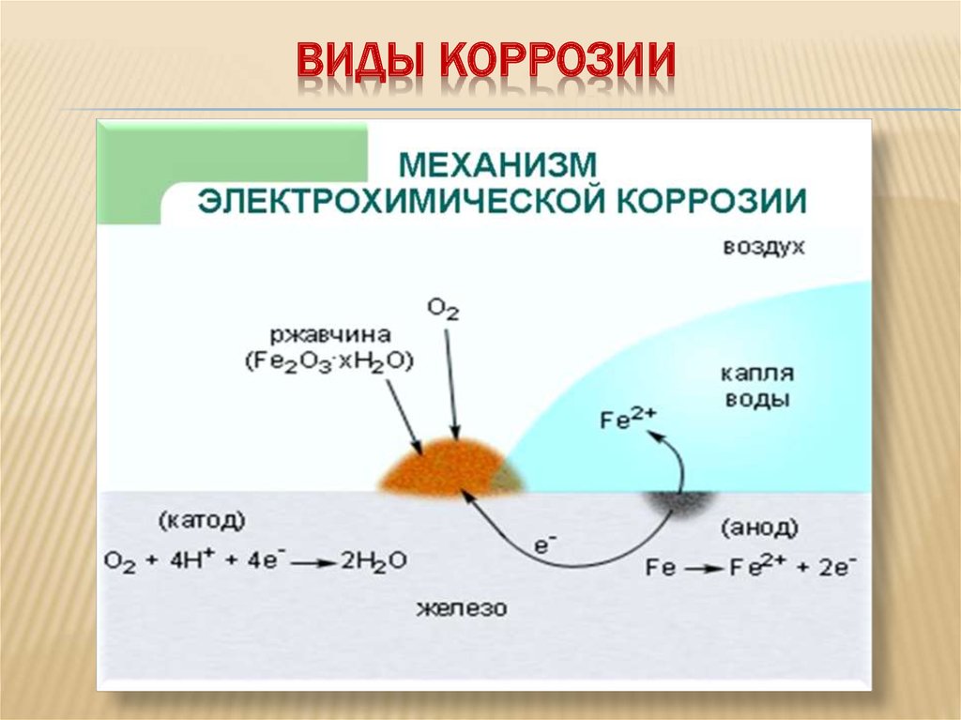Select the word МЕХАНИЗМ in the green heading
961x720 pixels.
click(x=497, y=164)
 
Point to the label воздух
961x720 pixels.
click(x=764, y=247)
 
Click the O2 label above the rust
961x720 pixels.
click(x=443, y=310)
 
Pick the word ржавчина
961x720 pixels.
click(x=331, y=335)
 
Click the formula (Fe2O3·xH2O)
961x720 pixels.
click(x=329, y=361)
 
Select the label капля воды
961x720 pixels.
click(x=757, y=386)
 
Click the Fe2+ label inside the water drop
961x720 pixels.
click(x=628, y=418)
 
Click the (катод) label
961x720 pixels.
click(x=202, y=521)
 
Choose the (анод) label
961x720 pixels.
click(x=759, y=528)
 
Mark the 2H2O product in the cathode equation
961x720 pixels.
click(x=374, y=561)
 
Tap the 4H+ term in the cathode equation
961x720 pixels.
click(x=188, y=559)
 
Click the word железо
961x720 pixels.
click(x=462, y=608)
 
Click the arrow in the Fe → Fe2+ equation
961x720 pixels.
click(x=704, y=570)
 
